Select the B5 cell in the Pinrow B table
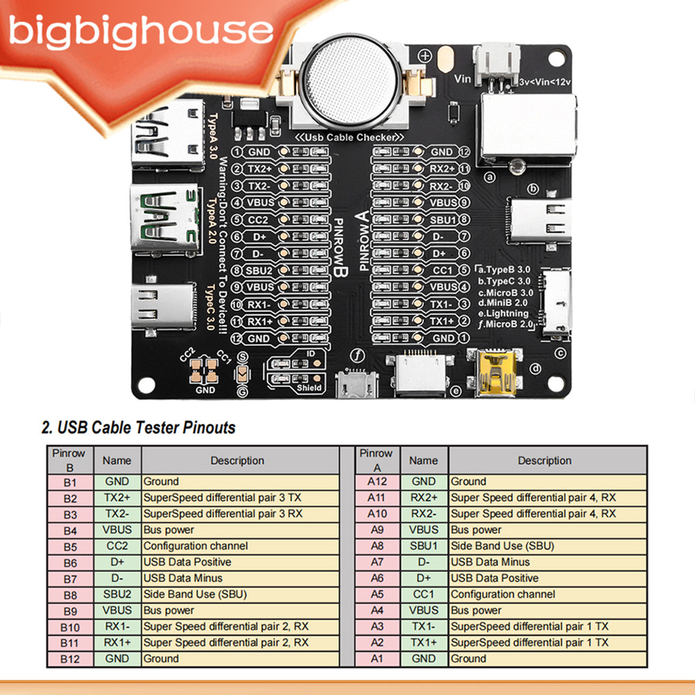pyautogui.click(x=69, y=546)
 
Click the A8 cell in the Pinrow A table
pyautogui.click(x=377, y=546)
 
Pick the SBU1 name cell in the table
pyautogui.click(x=424, y=546)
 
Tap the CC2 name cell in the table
pyautogui.click(x=117, y=546)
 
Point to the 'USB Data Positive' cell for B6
pyautogui.click(x=187, y=562)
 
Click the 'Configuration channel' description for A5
pyautogui.click(x=503, y=595)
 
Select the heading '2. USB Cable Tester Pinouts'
pyautogui.click(x=138, y=428)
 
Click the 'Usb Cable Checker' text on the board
pyautogui.click(x=349, y=138)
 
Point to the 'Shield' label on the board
pyautogui.click(x=309, y=388)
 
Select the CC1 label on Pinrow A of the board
pyautogui.click(x=443, y=271)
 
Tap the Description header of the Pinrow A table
pyautogui.click(x=544, y=461)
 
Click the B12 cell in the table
pyautogui.click(x=69, y=659)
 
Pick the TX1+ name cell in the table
pyautogui.click(x=424, y=643)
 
